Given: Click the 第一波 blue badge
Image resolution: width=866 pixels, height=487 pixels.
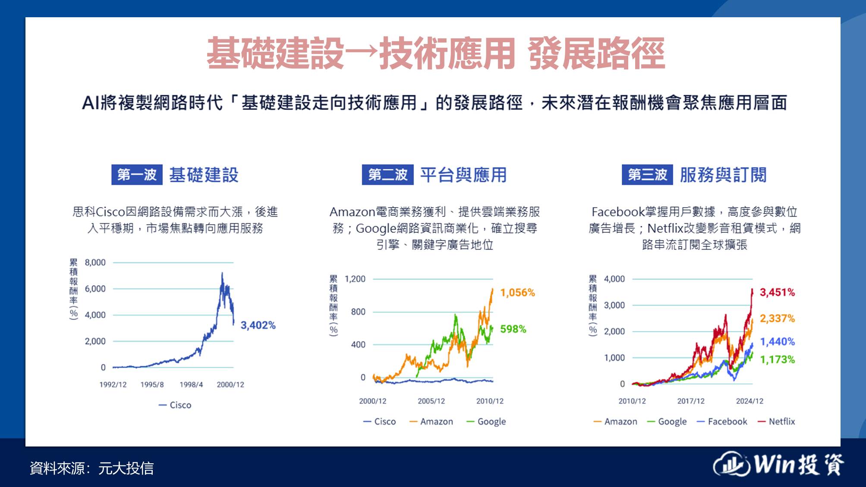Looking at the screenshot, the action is tap(137, 175).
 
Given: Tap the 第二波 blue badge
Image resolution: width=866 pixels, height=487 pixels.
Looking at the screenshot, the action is tap(387, 175).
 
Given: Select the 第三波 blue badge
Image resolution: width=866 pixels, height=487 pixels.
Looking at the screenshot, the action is tap(647, 175).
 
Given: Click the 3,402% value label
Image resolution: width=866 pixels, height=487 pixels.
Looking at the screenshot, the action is tap(258, 325).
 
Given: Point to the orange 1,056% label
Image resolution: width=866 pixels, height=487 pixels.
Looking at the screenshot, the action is tap(517, 293).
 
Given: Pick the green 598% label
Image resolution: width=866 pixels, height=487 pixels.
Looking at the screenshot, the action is tap(513, 329).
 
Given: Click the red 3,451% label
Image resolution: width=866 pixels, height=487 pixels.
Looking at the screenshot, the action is tap(777, 292).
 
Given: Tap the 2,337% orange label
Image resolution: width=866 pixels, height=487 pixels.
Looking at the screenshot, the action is tap(777, 318).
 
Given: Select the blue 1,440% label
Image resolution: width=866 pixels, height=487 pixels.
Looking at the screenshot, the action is tap(777, 342).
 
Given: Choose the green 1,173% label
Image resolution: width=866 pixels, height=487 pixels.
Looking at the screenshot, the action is tap(777, 359).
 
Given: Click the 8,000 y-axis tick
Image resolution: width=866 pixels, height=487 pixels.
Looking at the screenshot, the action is tap(95, 262).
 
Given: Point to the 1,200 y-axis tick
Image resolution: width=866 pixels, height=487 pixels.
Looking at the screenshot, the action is tap(355, 279).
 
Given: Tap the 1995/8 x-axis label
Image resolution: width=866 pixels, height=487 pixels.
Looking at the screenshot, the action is tap(152, 384).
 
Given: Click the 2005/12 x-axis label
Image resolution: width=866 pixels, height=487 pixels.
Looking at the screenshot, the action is tap(431, 401).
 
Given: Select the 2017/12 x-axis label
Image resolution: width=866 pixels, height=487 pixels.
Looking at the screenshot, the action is tap(691, 401).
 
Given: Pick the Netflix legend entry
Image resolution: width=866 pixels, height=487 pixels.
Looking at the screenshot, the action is tap(776, 421).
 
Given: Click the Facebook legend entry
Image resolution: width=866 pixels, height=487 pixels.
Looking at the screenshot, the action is tap(722, 421).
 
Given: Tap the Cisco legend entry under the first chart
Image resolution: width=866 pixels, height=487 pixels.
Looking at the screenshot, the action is tap(175, 405).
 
